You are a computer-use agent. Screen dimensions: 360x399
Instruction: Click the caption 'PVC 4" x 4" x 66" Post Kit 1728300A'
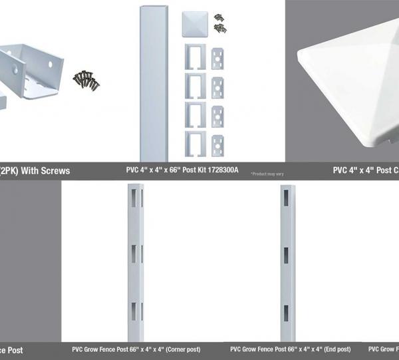pos(184,170)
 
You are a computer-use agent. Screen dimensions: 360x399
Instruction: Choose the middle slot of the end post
pos(287,254)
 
